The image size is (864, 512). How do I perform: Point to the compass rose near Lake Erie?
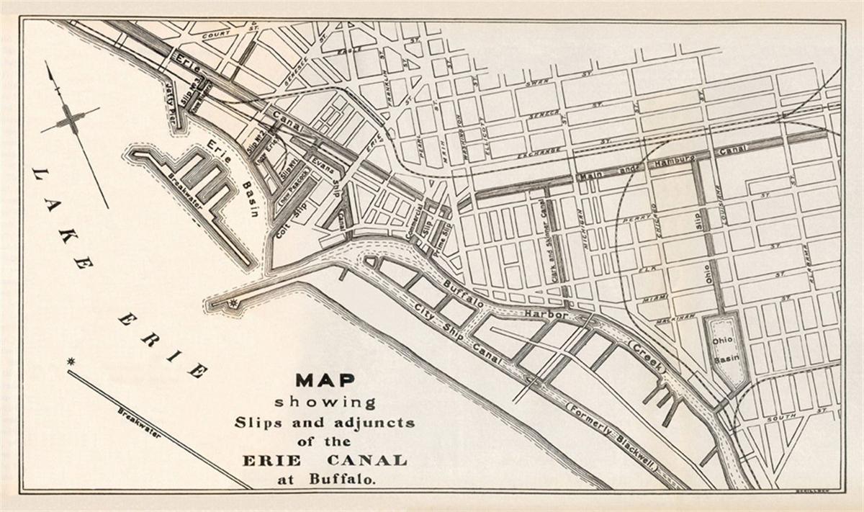click(x=70, y=120)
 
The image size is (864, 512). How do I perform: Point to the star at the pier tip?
click(x=233, y=303)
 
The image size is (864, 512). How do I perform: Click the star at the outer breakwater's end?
click(x=71, y=360)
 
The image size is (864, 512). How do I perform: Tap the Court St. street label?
click(x=220, y=35)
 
